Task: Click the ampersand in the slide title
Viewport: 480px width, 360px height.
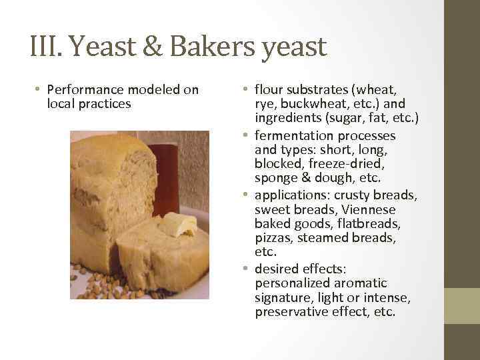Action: pyautogui.click(x=151, y=47)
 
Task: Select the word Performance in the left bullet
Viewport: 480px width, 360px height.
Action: pyautogui.click(x=89, y=90)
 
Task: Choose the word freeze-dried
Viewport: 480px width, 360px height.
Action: pyautogui.click(x=330, y=164)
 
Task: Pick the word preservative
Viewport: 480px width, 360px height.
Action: pyautogui.click(x=291, y=312)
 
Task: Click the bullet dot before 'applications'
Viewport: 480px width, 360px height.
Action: pyautogui.click(x=246, y=195)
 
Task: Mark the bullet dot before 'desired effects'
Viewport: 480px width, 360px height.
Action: pyautogui.click(x=246, y=269)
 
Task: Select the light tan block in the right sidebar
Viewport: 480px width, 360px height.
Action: pyautogui.click(x=462, y=306)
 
